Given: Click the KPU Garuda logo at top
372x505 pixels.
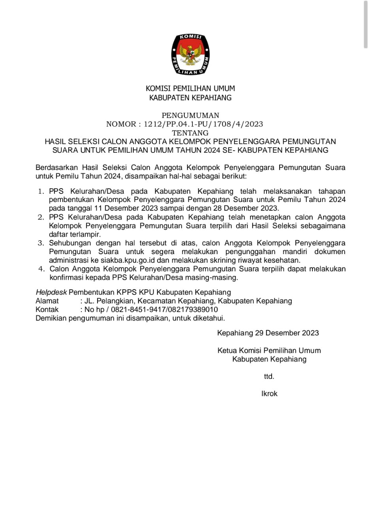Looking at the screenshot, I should [190, 55].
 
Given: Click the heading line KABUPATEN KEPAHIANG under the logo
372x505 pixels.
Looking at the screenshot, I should [190, 98].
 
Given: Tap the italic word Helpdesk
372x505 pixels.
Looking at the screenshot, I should [51, 292].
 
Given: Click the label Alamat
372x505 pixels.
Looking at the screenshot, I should [47, 301].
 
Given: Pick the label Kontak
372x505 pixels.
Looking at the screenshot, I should [47, 310].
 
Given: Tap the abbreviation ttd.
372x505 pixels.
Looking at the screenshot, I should [269, 377].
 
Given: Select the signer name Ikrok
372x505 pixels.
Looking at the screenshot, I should [269, 394].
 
